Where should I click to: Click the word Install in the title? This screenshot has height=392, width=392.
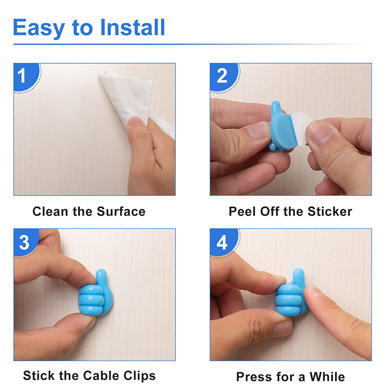point(132,27)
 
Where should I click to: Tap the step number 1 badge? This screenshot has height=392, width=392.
point(23,76)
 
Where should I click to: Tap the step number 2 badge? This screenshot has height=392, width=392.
point(222,76)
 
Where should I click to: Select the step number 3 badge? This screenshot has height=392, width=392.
point(24,242)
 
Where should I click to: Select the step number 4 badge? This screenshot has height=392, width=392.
point(222,242)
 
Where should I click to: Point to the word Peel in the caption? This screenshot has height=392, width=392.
point(241,212)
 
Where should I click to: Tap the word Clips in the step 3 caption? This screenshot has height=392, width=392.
point(140,376)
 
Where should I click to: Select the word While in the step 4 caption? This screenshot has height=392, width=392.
point(327,377)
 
